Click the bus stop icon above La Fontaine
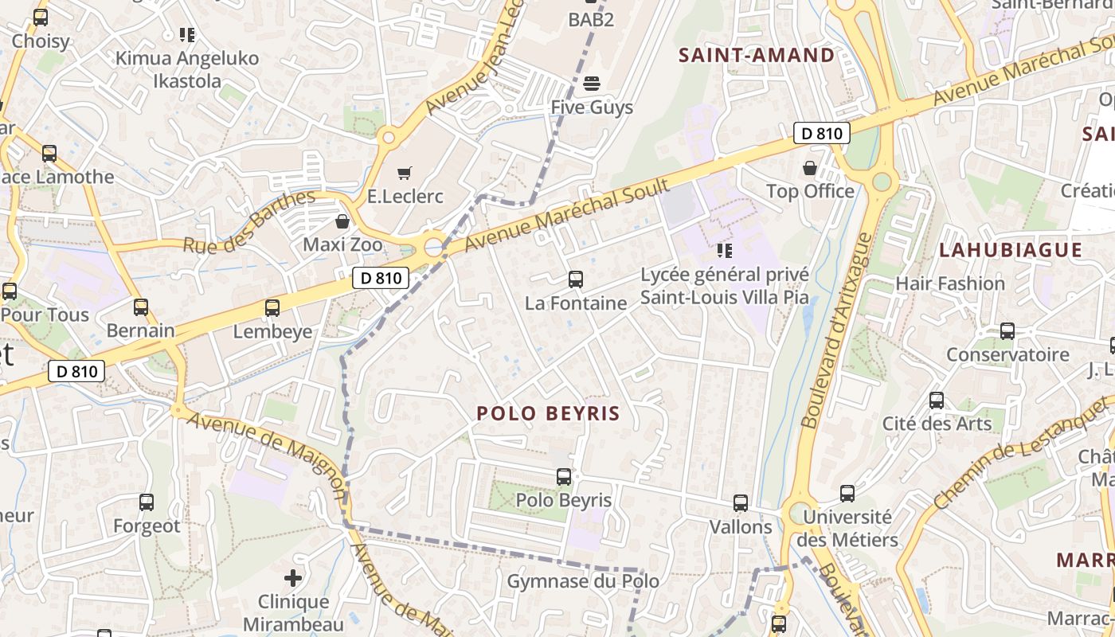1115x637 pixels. (x=576, y=279)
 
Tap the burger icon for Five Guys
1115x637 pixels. (x=591, y=84)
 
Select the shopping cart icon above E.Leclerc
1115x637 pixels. (x=405, y=173)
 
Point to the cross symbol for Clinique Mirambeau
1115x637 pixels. (x=293, y=577)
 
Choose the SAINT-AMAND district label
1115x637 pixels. (x=756, y=55)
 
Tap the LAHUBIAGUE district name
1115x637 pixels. (x=1010, y=250)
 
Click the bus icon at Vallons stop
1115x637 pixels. (x=741, y=503)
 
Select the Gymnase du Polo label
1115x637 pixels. (x=583, y=581)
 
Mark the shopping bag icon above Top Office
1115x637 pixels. (x=810, y=168)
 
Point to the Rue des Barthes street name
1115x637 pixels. (x=249, y=222)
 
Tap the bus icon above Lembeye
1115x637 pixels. (x=272, y=308)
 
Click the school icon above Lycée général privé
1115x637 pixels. (x=724, y=252)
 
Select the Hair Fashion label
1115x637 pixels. (x=949, y=283)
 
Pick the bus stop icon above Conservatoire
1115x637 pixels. (x=1007, y=331)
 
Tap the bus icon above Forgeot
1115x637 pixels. (x=147, y=502)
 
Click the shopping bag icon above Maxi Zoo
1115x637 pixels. (x=342, y=221)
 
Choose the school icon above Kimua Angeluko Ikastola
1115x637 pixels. (x=187, y=35)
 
